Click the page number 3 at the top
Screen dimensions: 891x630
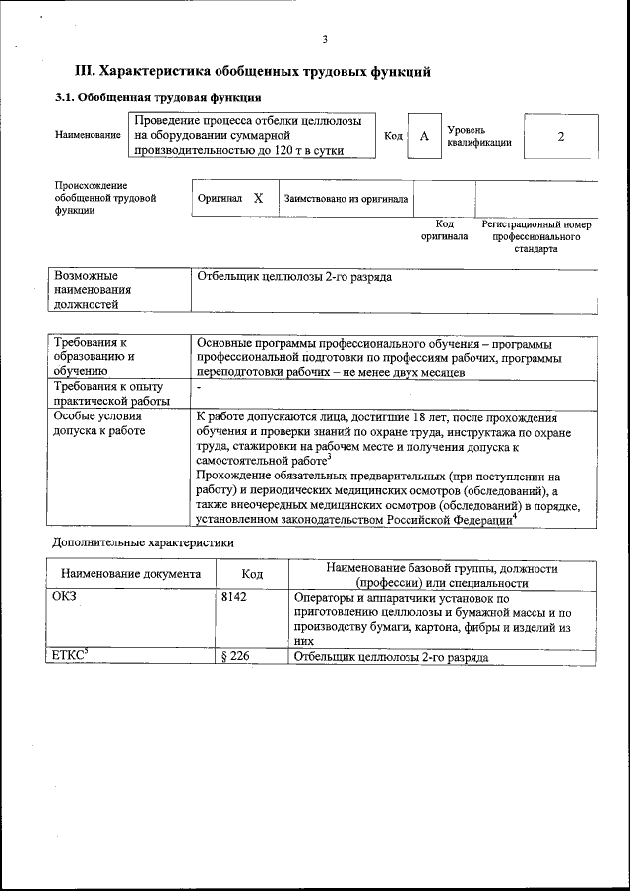tap(324, 39)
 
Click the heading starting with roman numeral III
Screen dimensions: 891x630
tap(253, 72)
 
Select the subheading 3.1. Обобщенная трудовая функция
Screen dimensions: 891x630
tap(157, 98)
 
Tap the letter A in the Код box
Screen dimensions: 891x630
tap(424, 137)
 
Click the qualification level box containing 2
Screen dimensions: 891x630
tap(560, 137)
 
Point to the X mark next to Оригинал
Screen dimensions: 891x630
tap(258, 198)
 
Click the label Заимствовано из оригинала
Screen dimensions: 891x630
tap(346, 199)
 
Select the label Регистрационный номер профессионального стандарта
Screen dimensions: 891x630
tap(535, 236)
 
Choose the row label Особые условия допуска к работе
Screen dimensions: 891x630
tap(98, 423)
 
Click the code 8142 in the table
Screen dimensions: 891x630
tap(233, 597)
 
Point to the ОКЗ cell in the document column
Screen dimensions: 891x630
tap(65, 597)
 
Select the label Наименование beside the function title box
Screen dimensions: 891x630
tap(88, 135)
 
